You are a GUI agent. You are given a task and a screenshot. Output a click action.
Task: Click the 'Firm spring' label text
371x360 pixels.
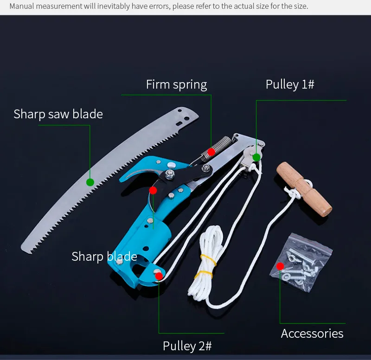click(176, 85)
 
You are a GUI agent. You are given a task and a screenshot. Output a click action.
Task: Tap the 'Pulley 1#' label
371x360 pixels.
click(290, 84)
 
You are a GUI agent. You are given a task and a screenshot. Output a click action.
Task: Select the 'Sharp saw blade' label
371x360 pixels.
click(58, 114)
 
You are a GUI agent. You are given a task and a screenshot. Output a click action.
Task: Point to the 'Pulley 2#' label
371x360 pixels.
click(187, 346)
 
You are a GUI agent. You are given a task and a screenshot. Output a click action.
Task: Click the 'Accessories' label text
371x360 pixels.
click(312, 334)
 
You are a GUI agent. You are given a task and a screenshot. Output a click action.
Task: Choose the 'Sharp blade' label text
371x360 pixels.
click(104, 257)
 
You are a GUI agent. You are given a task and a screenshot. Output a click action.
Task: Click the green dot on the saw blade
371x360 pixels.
click(90, 182)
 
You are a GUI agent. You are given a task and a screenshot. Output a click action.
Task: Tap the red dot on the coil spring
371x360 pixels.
click(211, 152)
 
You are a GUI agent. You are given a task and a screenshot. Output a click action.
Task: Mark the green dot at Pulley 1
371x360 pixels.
click(256, 157)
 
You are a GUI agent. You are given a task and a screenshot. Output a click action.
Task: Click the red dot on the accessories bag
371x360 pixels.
click(280, 266)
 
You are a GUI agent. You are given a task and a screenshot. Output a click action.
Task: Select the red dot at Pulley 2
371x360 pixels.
click(159, 276)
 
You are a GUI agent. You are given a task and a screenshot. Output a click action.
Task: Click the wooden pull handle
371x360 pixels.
click(305, 189)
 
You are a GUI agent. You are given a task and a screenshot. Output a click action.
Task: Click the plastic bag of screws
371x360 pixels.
click(301, 263)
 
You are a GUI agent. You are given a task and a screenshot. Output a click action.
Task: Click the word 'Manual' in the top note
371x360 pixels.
click(22, 6)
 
